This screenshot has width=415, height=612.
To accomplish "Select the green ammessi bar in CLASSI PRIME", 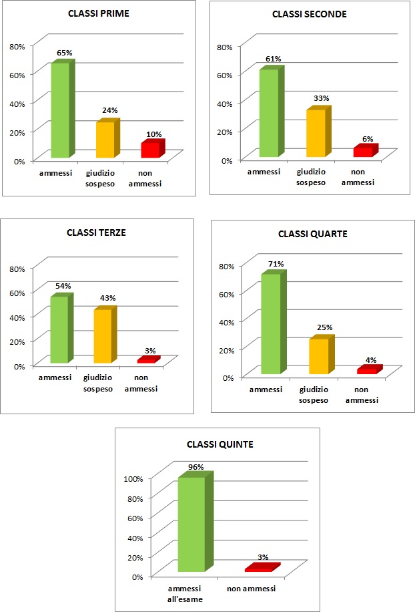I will pyautogui.click(x=61, y=110).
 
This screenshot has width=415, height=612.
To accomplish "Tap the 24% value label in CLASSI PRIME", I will pyautogui.click(x=109, y=110).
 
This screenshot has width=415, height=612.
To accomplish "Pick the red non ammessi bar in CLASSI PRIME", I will pyautogui.click(x=151, y=150).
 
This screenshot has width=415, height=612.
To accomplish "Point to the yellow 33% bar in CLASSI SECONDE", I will pyautogui.click(x=316, y=133).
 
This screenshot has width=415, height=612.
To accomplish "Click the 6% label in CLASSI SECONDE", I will pyautogui.click(x=368, y=139).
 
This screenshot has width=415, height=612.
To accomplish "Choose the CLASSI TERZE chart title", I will pyautogui.click(x=96, y=233).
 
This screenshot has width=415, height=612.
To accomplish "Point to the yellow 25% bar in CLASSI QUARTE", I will pyautogui.click(x=319, y=356).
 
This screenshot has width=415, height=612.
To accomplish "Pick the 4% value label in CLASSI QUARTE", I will pyautogui.click(x=371, y=360).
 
